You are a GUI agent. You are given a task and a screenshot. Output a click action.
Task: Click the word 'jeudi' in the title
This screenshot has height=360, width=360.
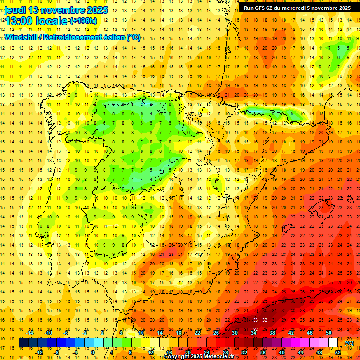pos(15,10)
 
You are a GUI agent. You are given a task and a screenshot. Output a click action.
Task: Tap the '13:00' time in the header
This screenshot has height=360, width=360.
pos(20,21)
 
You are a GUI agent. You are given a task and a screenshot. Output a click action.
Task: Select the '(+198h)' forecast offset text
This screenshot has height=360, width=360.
pos(83,21)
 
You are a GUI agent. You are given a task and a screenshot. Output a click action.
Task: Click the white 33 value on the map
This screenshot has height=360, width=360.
pos(255,320)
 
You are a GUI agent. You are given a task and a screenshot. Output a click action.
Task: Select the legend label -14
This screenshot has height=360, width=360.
pos(30,333)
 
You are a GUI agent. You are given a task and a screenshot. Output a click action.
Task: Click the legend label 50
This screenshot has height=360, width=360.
pos(329,333)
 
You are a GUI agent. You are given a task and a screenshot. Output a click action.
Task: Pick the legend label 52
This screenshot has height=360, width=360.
pos(338,352)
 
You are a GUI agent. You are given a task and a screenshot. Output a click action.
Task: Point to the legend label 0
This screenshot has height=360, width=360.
pos(92,352)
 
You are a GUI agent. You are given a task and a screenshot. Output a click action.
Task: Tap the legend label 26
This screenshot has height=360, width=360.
pos(216,333)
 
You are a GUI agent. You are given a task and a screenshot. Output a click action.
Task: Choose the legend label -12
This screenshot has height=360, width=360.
pos(39,352)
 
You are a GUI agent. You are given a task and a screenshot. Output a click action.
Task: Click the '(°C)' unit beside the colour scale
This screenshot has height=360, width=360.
pos(349,343)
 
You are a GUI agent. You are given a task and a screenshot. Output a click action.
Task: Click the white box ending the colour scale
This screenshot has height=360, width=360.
pos(333,343)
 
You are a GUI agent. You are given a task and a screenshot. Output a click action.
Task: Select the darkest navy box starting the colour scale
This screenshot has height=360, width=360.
pos(23,343)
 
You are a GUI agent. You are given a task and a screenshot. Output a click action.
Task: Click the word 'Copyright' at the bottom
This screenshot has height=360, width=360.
pos(178,357)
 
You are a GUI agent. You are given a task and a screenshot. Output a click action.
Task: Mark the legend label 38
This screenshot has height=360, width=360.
pos(272,333)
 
